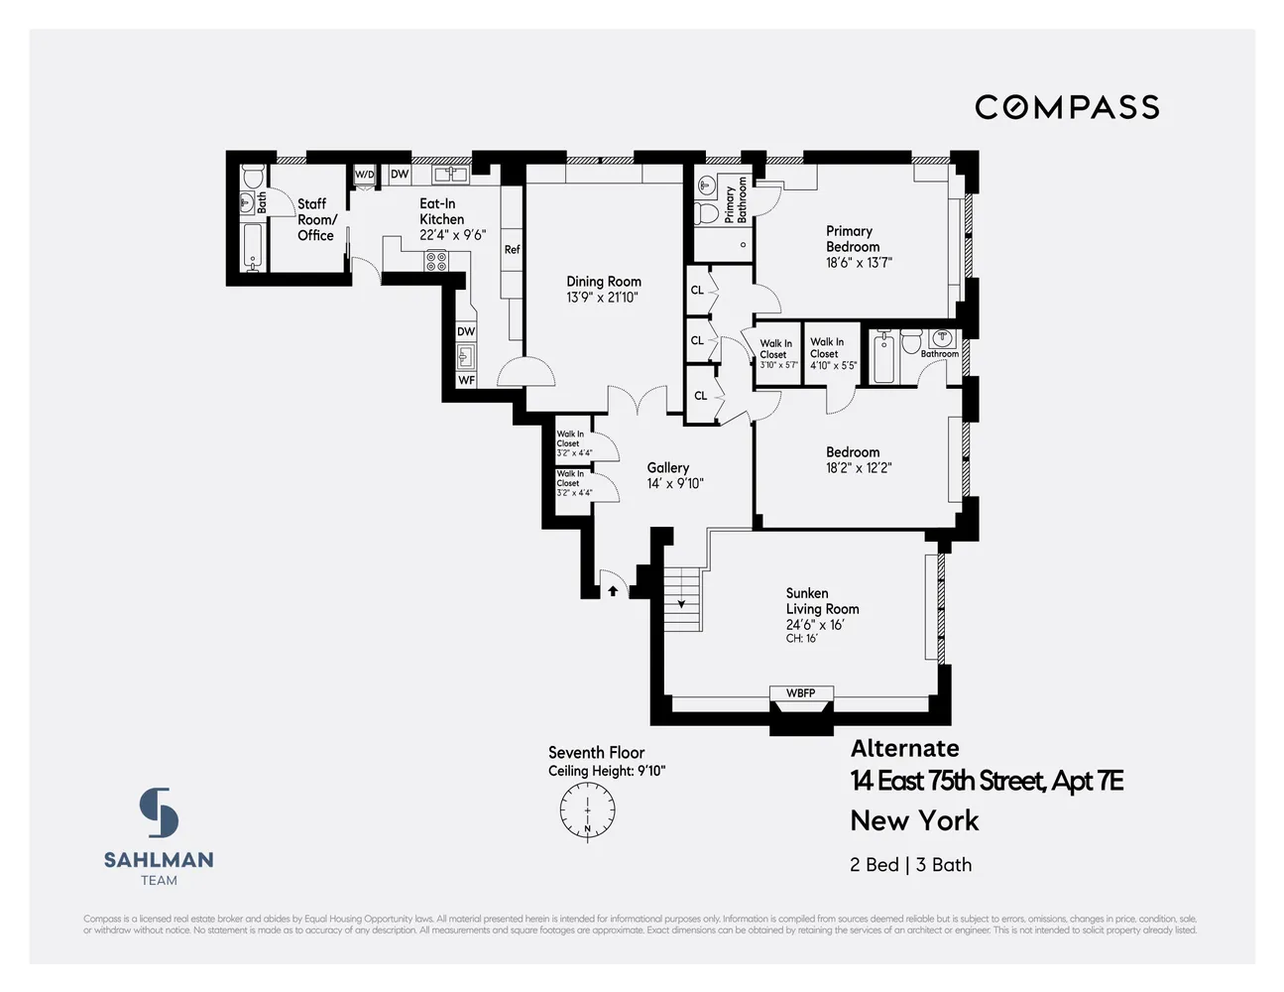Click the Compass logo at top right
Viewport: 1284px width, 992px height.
[1067, 107]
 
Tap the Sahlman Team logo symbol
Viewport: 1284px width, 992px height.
[159, 812]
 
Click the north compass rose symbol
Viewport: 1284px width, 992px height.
[587, 810]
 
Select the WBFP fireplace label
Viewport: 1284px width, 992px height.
[800, 693]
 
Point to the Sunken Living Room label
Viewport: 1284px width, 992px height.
[822, 601]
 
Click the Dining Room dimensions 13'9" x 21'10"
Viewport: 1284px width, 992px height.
[603, 298]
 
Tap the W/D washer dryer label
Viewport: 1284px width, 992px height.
[365, 175]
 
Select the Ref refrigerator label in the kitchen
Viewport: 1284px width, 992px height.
[512, 250]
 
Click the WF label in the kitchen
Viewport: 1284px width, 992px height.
[466, 380]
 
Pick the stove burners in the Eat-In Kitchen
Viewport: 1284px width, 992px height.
[436, 261]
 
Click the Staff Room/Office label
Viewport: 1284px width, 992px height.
[317, 219]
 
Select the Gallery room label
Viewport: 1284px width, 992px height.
[667, 467]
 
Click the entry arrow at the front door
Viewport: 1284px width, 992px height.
[613, 590]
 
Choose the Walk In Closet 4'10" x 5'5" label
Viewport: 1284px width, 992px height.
[832, 353]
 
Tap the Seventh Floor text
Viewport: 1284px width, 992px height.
[596, 753]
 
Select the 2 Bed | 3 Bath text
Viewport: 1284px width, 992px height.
[910, 864]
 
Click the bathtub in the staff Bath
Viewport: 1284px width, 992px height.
[253, 247]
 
